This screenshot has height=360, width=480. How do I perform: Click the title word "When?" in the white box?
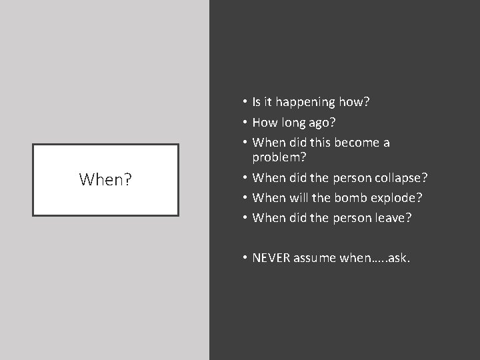coord(105,179)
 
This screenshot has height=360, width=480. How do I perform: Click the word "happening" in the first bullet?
coord(308,102)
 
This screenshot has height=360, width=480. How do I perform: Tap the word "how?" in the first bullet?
coord(354,102)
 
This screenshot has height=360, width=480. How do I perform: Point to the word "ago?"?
coord(323,123)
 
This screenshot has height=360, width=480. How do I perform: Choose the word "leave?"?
coord(393,218)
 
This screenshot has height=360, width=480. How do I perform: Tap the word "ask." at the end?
coord(398,258)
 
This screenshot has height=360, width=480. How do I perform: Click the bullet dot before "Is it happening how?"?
coord(246,102)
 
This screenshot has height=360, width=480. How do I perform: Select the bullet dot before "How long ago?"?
coord(246,123)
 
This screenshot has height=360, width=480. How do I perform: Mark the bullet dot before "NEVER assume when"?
coord(246,258)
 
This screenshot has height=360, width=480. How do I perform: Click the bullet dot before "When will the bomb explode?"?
coord(246,198)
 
